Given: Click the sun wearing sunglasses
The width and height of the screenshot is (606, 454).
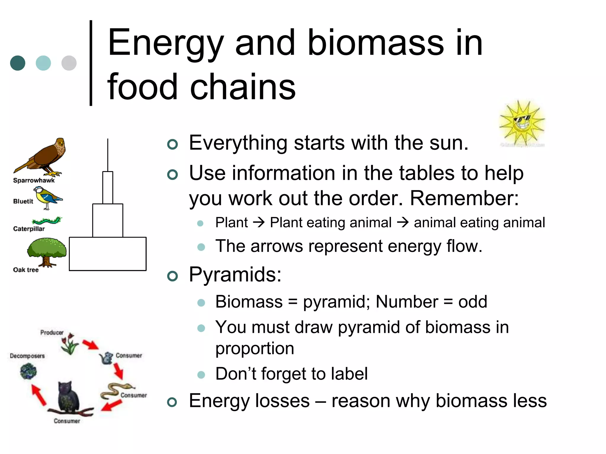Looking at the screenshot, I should pyautogui.click(x=522, y=123).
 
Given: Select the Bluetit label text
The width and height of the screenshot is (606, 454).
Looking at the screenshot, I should pyautogui.click(x=23, y=201).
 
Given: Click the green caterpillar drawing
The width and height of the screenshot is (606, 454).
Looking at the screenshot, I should pyautogui.click(x=47, y=220).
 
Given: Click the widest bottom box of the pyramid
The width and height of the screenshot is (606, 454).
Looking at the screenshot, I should pyautogui.click(x=107, y=254).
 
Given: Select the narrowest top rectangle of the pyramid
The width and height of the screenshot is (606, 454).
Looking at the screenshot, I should pyautogui.click(x=108, y=187).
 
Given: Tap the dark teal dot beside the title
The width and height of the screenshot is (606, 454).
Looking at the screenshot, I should pyautogui.click(x=18, y=63).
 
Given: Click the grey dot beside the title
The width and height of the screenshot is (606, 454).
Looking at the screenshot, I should pyautogui.click(x=69, y=63).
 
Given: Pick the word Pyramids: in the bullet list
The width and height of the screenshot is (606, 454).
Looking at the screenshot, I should pyautogui.click(x=235, y=275).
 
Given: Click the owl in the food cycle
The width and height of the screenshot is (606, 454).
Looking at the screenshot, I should pyautogui.click(x=69, y=396).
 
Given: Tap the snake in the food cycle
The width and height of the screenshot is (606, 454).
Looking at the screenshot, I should pyautogui.click(x=114, y=391).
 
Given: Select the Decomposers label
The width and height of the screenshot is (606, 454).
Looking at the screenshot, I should pyautogui.click(x=27, y=356).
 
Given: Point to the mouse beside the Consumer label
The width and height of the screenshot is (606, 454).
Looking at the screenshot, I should pyautogui.click(x=107, y=358).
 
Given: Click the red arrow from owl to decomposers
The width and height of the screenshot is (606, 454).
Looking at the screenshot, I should pyautogui.click(x=39, y=395).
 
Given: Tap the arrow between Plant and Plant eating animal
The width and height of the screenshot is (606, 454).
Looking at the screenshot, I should pyautogui.click(x=259, y=222).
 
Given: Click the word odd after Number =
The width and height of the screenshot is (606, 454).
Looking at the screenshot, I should pyautogui.click(x=473, y=302).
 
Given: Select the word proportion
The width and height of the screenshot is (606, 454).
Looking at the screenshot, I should pyautogui.click(x=254, y=349).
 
